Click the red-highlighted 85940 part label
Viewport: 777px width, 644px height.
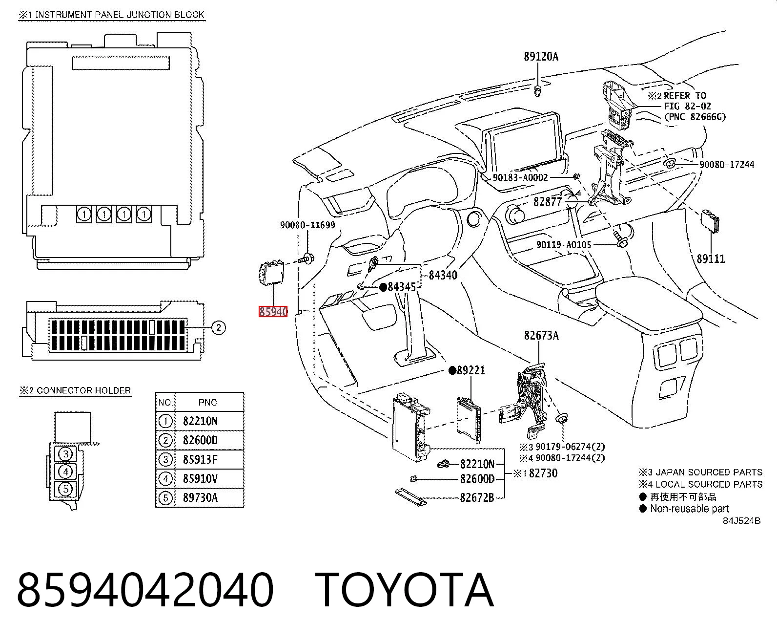(x=273, y=312)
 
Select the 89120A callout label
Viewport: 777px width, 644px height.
(x=541, y=56)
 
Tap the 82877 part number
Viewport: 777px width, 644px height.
(x=548, y=202)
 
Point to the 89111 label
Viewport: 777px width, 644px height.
(x=711, y=258)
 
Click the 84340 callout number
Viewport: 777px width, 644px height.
(x=443, y=275)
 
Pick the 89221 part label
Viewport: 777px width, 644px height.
(x=471, y=370)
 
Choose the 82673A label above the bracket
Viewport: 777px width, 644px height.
(x=541, y=335)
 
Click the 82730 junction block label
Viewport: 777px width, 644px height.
(x=543, y=473)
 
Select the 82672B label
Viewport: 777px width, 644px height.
(x=477, y=497)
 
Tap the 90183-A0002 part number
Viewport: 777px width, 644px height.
(x=520, y=177)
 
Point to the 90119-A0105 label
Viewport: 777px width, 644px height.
(x=564, y=245)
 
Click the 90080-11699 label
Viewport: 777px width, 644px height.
(x=307, y=225)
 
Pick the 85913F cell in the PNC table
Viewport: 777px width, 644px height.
(x=200, y=459)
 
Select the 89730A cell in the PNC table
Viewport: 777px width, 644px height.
(x=200, y=497)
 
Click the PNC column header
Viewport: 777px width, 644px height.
(x=207, y=403)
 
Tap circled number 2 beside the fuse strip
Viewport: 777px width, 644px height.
(x=219, y=327)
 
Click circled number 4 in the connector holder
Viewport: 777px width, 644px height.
(x=66, y=472)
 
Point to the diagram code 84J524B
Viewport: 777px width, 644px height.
(x=742, y=521)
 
